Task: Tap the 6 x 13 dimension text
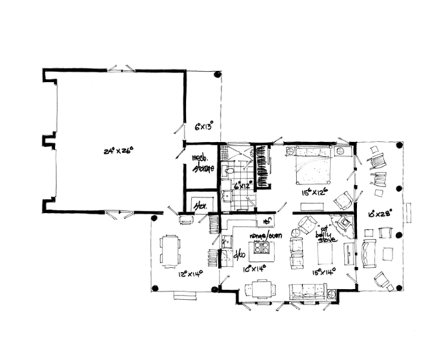click(203, 126)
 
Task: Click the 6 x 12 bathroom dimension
click(242, 187)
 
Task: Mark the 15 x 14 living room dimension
click(324, 271)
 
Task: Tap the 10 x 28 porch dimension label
click(383, 214)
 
